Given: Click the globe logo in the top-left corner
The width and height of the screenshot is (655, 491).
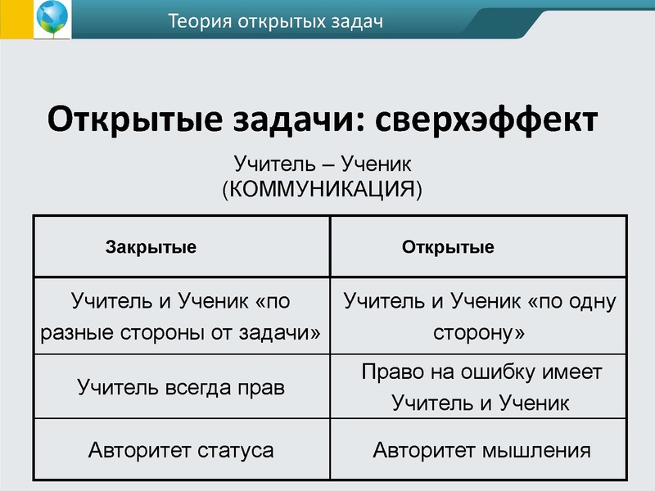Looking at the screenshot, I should [52, 20].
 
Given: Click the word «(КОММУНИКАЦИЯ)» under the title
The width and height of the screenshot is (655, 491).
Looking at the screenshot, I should [323, 190].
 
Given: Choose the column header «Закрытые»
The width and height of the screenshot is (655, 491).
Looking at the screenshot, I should [151, 247].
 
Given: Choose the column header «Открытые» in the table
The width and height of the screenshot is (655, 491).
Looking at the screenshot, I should [448, 247].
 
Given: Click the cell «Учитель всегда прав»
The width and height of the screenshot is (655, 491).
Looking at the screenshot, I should [181, 386].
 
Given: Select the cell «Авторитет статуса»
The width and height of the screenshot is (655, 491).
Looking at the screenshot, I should [181, 449].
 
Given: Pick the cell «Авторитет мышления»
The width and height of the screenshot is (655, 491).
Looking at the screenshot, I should [481, 449].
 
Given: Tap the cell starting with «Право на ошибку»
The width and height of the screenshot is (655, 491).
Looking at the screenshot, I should [481, 386].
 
